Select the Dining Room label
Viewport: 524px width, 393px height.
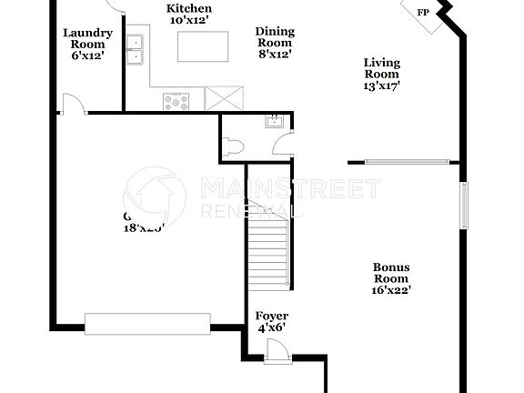pos(274,42)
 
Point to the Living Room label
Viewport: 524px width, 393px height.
pos(381,74)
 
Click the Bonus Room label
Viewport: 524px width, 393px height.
pos(391,278)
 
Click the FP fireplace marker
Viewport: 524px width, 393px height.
pos(422,13)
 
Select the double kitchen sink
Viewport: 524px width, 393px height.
pos(136,49)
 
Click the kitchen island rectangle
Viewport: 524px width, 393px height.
pos(203,46)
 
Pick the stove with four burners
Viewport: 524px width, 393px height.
pos(176,101)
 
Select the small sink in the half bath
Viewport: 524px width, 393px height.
pos(272,121)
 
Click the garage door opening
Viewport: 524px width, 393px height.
pos(148,321)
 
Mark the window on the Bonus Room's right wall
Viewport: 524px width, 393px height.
pos(464,207)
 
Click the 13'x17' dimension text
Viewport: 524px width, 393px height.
pos(381,85)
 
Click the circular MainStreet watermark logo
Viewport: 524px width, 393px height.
pos(155,196)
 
